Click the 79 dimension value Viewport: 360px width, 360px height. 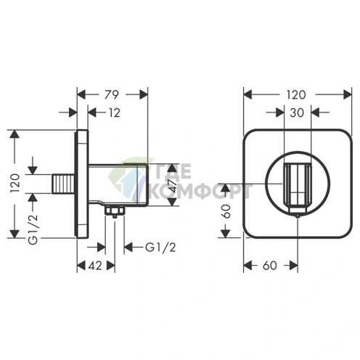coord(112,94)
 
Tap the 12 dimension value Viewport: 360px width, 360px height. coord(115,112)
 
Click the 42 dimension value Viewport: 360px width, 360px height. coord(95,266)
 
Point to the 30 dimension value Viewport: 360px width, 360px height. coord(297,112)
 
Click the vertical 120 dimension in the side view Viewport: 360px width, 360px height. coord(15,183)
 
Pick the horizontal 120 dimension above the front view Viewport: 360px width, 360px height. coord(296,94)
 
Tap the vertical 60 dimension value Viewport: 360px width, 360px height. coord(226,211)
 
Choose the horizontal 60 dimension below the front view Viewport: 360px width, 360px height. coord(270,266)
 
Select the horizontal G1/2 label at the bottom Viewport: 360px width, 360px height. coord(160,247)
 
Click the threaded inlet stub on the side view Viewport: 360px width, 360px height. coord(64,184)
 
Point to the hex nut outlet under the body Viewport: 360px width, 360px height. coord(115,211)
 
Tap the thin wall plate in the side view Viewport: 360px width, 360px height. coord(82,184)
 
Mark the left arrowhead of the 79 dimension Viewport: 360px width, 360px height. coord(81,94)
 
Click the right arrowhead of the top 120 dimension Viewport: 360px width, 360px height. coord(348,94)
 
